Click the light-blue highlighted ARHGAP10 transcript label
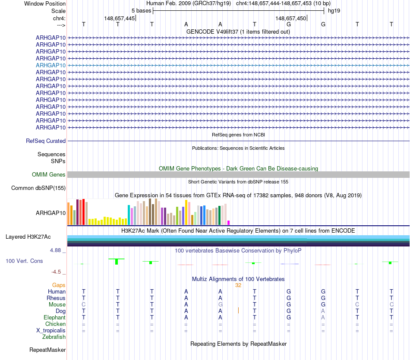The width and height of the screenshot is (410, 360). click(51, 65)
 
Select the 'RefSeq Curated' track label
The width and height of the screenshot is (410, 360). click(46, 141)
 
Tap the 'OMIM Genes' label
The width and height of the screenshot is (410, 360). click(49, 175)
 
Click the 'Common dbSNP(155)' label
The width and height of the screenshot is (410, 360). click(38, 188)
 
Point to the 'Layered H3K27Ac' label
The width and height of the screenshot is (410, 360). click(28, 237)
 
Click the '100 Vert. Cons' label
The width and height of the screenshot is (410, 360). click(24, 261)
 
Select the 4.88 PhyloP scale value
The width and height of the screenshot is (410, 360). click(55, 250)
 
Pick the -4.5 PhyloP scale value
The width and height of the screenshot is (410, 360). click(56, 272)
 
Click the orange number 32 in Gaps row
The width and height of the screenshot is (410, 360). click(238, 285)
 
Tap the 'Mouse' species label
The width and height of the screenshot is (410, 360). click(57, 305)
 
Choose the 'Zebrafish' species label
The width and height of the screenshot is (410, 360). click(54, 337)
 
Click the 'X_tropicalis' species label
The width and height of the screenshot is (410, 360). click(51, 331)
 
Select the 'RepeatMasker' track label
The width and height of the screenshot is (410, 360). click(47, 350)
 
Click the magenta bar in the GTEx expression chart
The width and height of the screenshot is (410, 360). click(229, 223)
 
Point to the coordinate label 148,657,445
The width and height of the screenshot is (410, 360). click(119, 18)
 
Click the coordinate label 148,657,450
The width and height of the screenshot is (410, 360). click(290, 18)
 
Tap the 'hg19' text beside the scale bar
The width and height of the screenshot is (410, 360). click(334, 11)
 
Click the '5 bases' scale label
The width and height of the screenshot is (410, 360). click(141, 11)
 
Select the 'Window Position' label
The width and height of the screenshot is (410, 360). click(45, 3)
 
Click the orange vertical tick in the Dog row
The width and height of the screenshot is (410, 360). click(238, 310)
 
